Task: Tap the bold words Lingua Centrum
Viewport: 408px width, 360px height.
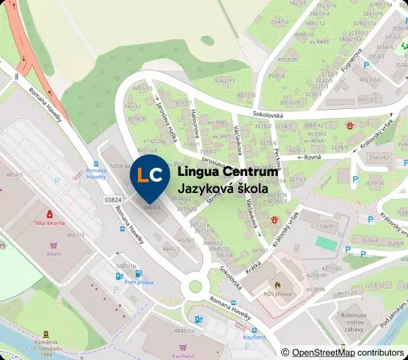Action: pos(228,172)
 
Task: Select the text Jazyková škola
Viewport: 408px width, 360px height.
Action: pos(223,189)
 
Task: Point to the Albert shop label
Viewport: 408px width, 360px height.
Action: pos(53,253)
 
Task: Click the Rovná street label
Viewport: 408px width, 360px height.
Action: pos(332,157)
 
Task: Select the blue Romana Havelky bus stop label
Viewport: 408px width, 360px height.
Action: pos(97,174)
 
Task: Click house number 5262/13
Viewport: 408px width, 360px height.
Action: pos(224,79)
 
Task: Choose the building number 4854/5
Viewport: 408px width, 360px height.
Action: pos(14,175)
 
